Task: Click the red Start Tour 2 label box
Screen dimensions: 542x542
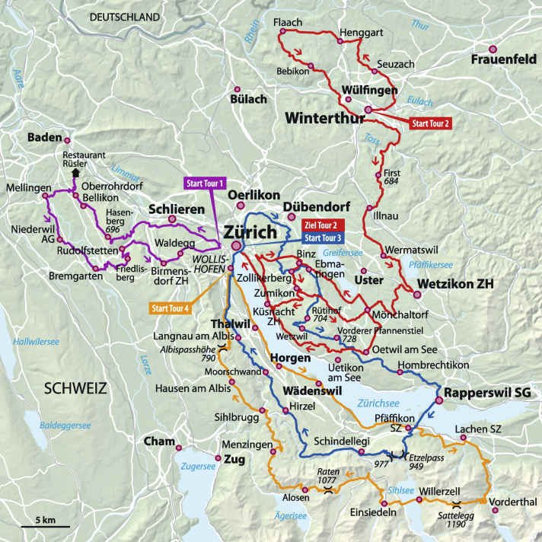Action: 431,122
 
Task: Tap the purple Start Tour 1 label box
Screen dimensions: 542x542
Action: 205,183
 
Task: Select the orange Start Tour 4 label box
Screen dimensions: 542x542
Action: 171,308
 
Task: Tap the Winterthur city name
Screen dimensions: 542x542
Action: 324,118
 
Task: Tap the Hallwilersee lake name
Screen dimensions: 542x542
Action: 36,343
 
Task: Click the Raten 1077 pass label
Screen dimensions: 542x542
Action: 327,477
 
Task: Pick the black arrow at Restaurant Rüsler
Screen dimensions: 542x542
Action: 75,173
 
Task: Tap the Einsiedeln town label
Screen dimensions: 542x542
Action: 373,512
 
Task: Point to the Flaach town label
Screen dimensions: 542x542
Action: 288,23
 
